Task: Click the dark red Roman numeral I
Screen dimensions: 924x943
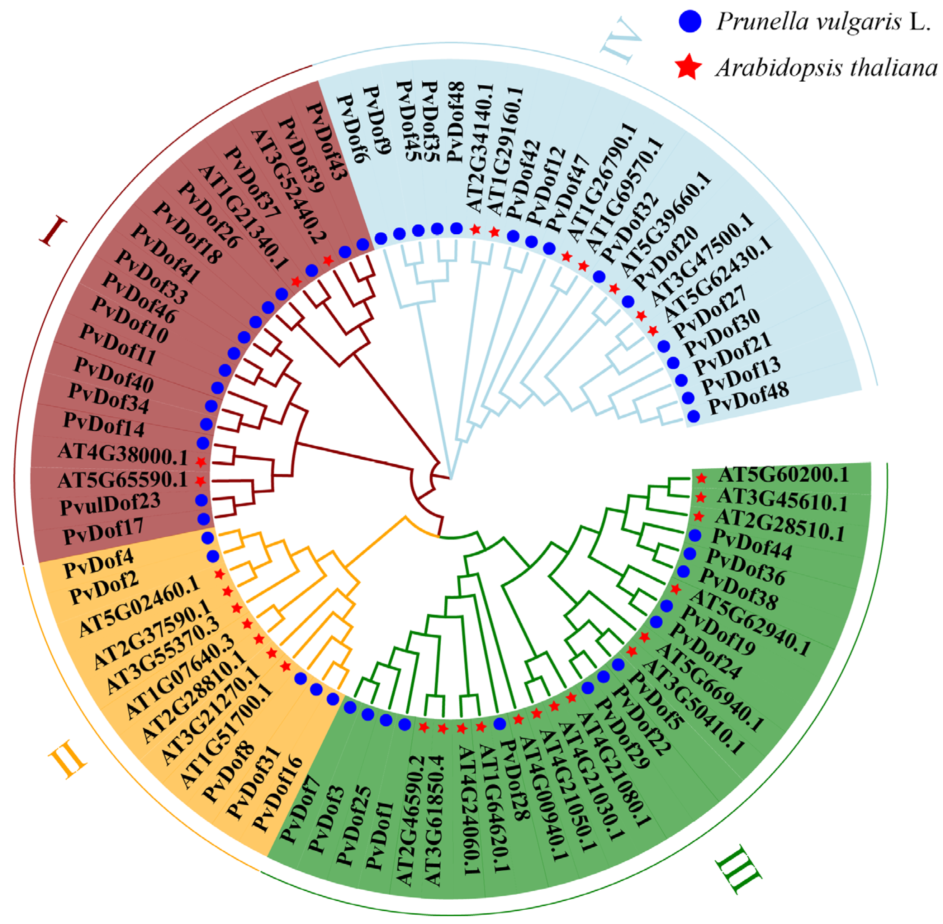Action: pyautogui.click(x=53, y=232)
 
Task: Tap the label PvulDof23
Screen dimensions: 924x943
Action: pyautogui.click(x=110, y=504)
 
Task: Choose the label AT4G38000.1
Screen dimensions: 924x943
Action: pyautogui.click(x=122, y=454)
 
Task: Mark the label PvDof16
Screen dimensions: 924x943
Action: pyautogui.click(x=278, y=792)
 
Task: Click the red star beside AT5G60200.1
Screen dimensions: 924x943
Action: pyautogui.click(x=701, y=478)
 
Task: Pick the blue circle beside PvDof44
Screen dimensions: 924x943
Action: pyautogui.click(x=695, y=535)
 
